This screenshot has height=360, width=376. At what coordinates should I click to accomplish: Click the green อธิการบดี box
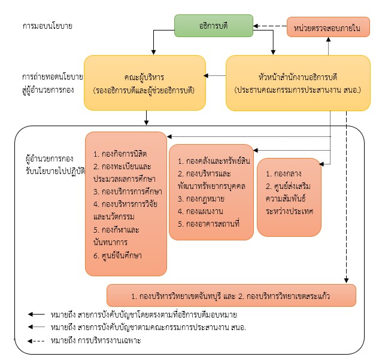click(213, 26)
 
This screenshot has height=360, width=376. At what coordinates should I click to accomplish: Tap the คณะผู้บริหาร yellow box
click(144, 83)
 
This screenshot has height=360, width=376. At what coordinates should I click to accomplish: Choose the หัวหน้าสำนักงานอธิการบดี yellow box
click(298, 83)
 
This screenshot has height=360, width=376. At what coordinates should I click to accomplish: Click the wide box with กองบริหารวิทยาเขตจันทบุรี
click(231, 295)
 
